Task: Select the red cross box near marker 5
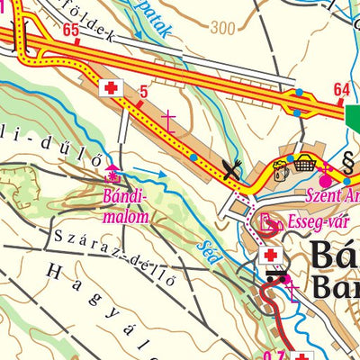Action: point(112,87)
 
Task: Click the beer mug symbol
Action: point(283,166)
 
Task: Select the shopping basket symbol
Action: point(307,163)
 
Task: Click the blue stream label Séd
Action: point(211,236)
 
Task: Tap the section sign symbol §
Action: point(347,163)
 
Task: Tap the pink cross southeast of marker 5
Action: point(168,117)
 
